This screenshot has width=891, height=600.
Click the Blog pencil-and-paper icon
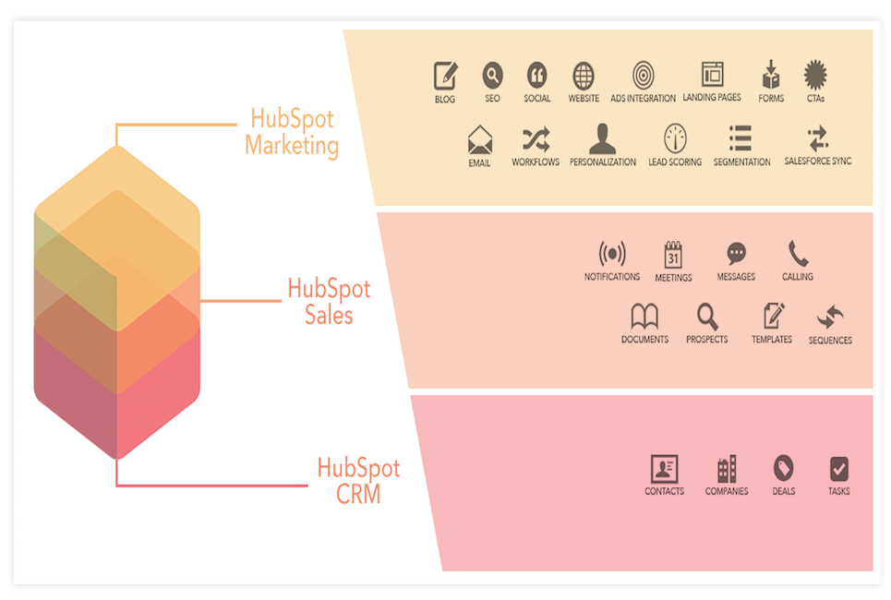[x=445, y=75]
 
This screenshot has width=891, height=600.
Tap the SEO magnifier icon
[x=493, y=75]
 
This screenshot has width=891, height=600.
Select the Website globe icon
[x=584, y=76]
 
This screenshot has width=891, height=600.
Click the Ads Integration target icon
[x=644, y=75]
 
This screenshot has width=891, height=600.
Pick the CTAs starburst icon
[x=815, y=75]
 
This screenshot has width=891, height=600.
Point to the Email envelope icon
[x=479, y=139]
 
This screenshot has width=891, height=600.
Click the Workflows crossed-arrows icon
[x=536, y=138]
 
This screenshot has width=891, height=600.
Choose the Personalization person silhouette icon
[x=602, y=138]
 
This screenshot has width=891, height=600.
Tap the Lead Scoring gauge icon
[x=675, y=138]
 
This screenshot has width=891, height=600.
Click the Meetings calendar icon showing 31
[x=673, y=255]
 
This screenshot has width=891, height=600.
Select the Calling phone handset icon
[x=798, y=254]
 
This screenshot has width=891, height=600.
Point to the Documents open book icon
[x=644, y=316]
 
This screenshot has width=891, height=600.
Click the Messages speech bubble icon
[x=737, y=254]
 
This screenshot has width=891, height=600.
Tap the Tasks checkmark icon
[x=839, y=469]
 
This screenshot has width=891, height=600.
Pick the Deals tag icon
[x=784, y=468]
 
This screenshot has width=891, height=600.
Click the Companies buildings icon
[x=727, y=469]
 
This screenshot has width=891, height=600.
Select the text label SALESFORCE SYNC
[x=818, y=161]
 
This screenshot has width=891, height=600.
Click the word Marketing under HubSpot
[x=292, y=146]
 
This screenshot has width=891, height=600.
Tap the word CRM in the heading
[x=358, y=493]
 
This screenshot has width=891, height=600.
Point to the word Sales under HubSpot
[x=329, y=314]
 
